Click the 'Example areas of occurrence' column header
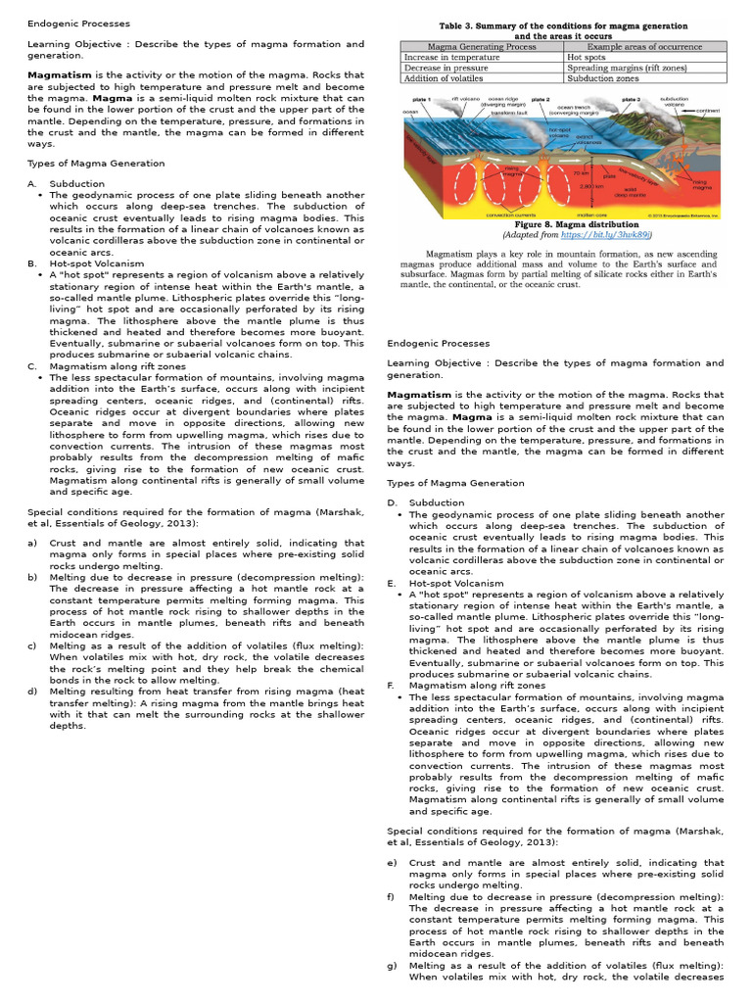(644, 46)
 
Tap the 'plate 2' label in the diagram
(540, 100)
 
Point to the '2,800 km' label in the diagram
(590, 185)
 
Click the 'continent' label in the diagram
(707, 112)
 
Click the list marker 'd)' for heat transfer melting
(32, 692)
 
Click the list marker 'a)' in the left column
(32, 543)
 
